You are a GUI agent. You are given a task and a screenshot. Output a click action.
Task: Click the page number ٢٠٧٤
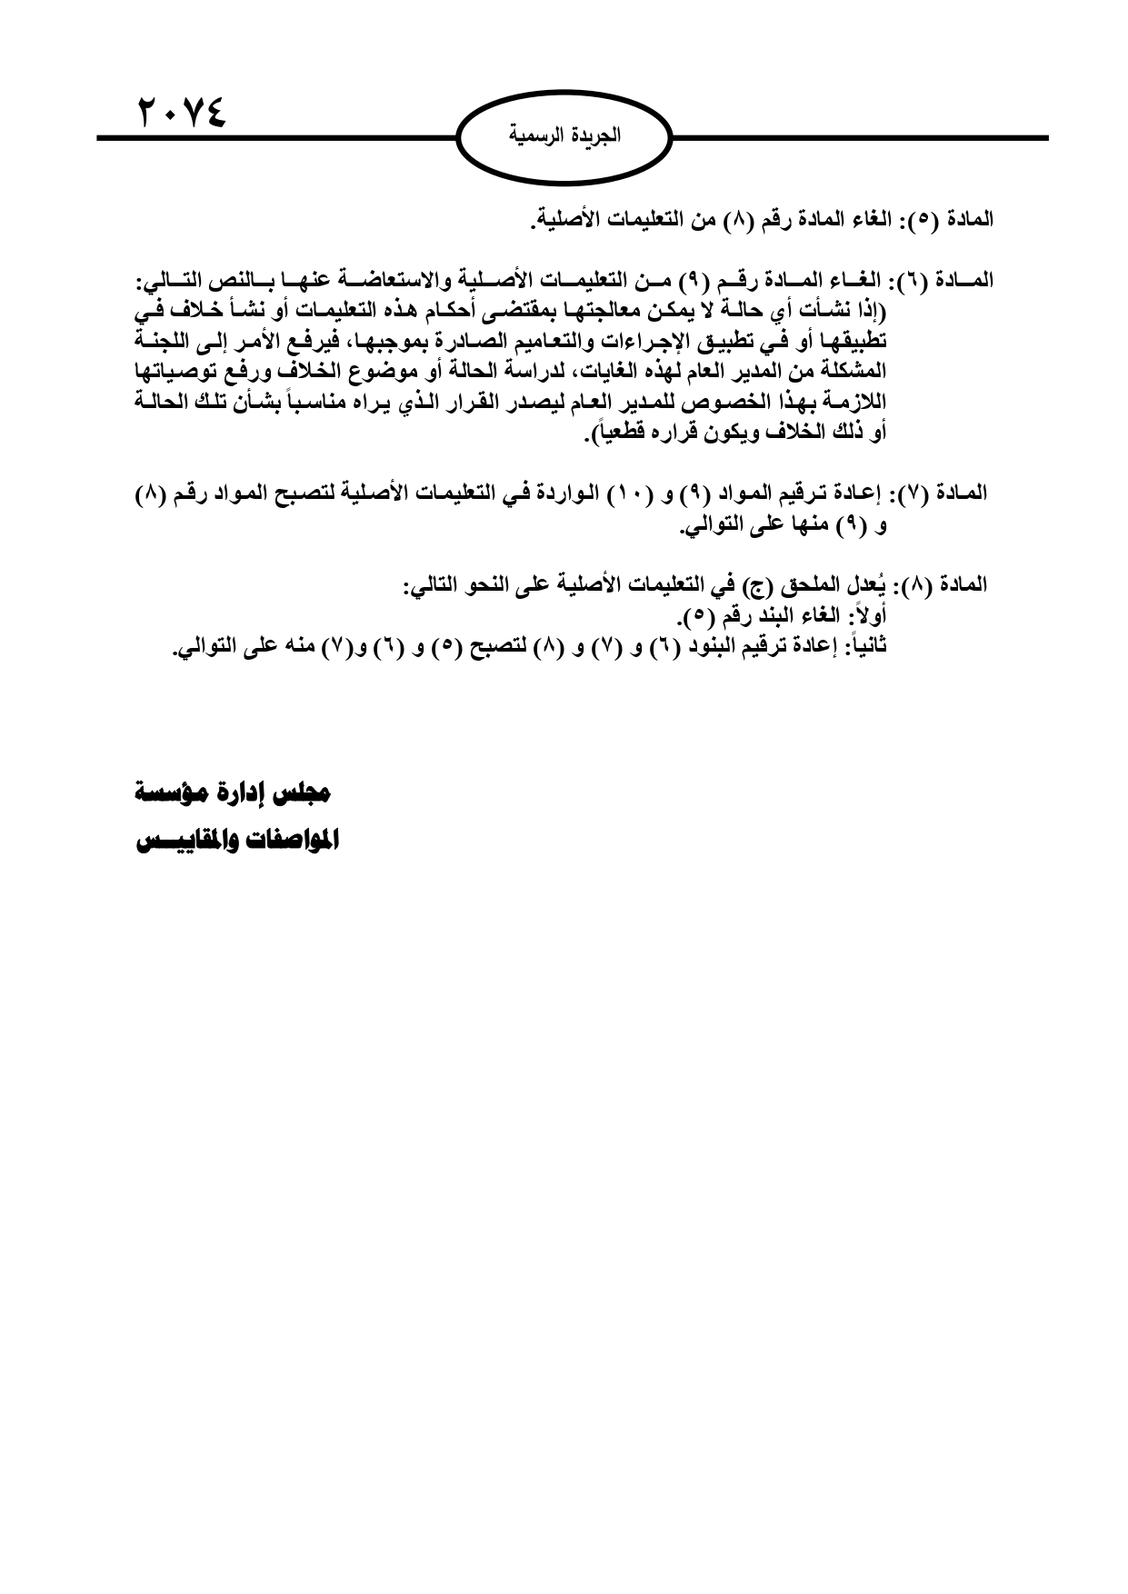[181, 113]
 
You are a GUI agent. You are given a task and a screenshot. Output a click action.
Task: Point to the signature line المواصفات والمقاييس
[237, 841]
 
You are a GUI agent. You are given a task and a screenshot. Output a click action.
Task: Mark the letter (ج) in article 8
[753, 584]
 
